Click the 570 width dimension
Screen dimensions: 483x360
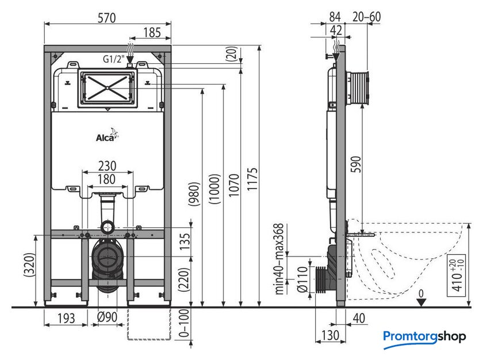[106, 18]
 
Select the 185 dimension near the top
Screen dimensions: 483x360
[152, 32]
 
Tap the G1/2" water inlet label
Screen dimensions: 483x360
[113, 59]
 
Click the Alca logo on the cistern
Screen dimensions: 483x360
[107, 136]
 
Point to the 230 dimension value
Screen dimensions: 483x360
[107, 166]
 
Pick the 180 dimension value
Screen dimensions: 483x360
[106, 179]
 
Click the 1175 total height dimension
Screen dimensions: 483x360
[252, 179]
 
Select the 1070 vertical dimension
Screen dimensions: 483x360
[234, 185]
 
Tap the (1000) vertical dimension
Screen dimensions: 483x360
[214, 189]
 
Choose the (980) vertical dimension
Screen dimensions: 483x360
[194, 194]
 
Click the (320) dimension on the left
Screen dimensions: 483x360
[30, 265]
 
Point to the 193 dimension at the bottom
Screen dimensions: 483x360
[66, 318]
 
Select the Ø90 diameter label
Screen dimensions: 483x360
[107, 317]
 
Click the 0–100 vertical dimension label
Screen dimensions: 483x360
[183, 324]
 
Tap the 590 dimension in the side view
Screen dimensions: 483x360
[356, 164]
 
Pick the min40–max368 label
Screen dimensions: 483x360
[279, 259]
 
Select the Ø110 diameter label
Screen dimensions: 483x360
[302, 279]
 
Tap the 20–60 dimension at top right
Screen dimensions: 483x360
[367, 17]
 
